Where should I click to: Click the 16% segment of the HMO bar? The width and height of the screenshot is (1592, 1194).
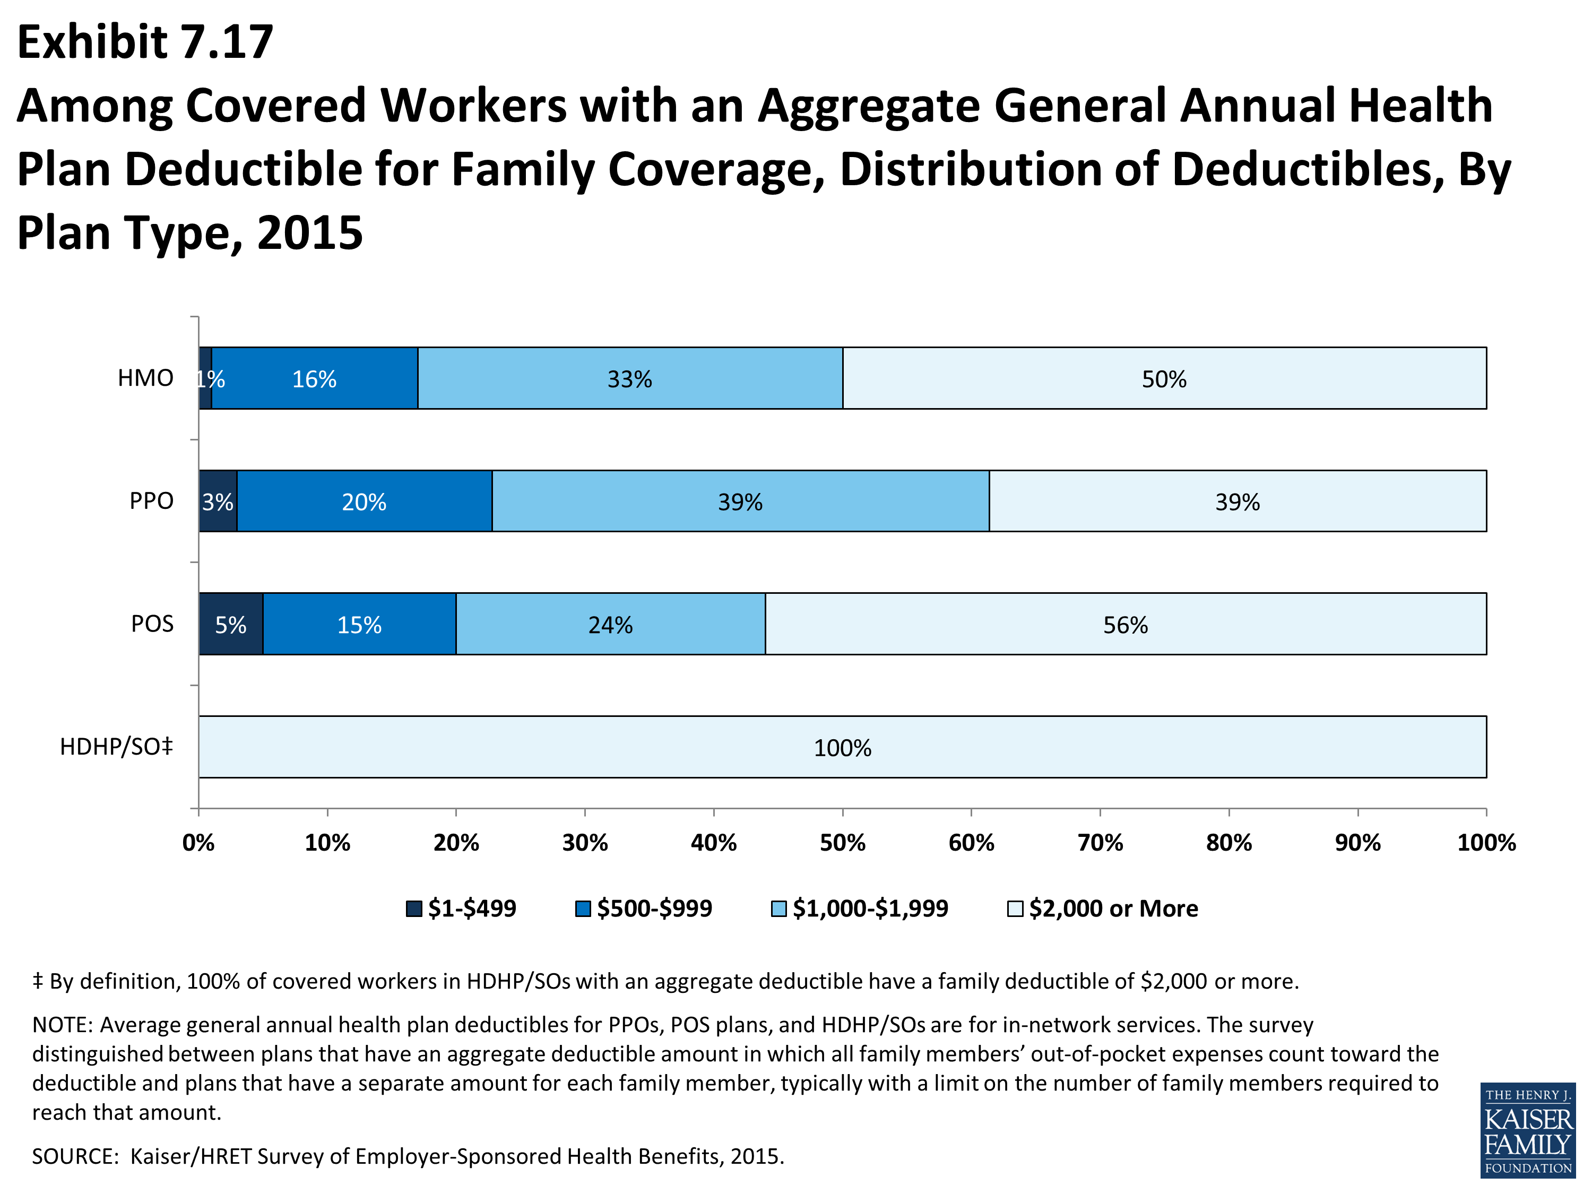(x=315, y=378)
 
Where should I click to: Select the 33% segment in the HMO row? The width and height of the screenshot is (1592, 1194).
(x=630, y=378)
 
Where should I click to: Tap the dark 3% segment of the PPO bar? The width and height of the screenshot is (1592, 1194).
(x=218, y=501)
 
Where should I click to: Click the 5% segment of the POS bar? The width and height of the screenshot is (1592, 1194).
(x=231, y=624)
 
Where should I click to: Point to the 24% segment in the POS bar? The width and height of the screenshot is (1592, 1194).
(x=611, y=624)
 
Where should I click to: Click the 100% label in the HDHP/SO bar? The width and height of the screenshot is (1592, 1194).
(x=843, y=748)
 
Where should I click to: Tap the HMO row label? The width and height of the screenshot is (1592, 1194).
(x=145, y=378)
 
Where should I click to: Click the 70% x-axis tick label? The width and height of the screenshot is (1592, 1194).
(x=1101, y=842)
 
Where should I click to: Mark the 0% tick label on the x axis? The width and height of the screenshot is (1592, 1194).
(x=198, y=842)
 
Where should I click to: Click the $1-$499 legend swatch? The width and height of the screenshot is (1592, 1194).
(x=414, y=909)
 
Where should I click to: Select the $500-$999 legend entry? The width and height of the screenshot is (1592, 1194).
(x=643, y=909)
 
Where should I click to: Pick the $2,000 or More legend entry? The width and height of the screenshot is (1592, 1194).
(x=1103, y=909)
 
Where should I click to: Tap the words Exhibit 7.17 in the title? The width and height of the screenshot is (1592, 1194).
(x=145, y=42)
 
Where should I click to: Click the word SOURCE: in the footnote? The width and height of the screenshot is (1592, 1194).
(x=75, y=1156)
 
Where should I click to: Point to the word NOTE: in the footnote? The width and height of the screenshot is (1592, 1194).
(x=63, y=1024)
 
